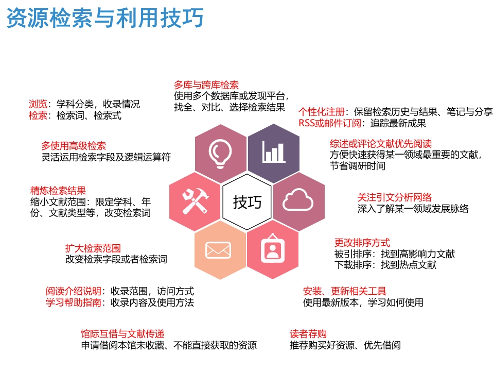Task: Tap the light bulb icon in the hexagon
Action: click(x=220, y=153)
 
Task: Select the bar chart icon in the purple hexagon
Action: click(x=273, y=151)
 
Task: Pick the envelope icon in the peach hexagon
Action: click(x=218, y=250)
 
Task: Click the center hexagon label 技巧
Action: click(x=247, y=201)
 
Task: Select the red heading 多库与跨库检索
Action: click(x=206, y=85)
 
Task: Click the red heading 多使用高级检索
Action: click(x=74, y=146)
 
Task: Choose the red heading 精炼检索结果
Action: click(x=58, y=190)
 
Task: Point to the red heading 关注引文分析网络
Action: click(x=395, y=197)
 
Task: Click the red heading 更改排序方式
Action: click(x=362, y=242)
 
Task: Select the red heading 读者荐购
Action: click(x=308, y=334)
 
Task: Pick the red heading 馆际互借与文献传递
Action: click(x=122, y=333)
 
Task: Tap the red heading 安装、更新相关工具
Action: click(x=345, y=291)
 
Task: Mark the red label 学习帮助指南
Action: click(x=74, y=302)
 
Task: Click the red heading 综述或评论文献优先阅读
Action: click(x=380, y=143)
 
